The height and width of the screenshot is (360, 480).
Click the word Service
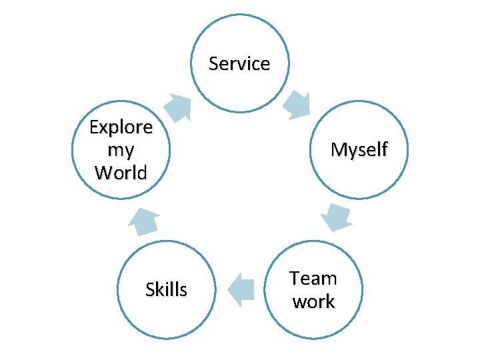239,64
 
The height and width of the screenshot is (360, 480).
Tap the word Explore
121,127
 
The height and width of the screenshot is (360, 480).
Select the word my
121,149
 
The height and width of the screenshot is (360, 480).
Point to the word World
121,173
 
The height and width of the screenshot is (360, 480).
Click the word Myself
359,150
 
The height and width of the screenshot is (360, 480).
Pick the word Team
313,278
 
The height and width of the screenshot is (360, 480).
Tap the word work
313,301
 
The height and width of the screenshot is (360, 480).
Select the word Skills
166,289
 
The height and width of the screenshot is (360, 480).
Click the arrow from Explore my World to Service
177,107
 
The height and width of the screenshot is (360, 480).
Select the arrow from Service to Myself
297,103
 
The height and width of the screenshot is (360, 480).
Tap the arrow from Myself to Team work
337,217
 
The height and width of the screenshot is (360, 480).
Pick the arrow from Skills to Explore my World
144,221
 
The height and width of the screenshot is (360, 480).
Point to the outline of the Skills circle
117,289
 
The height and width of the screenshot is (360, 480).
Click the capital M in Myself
339,150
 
